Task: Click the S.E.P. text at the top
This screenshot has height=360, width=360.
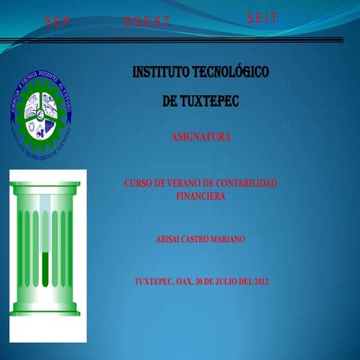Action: click(x=58, y=22)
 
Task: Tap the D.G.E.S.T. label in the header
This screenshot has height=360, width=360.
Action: click(x=147, y=22)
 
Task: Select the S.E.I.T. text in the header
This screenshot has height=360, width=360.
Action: click(x=262, y=18)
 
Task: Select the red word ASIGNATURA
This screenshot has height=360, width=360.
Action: click(x=200, y=137)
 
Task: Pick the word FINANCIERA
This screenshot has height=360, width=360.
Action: click(x=200, y=195)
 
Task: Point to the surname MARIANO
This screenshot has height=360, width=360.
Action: click(x=226, y=238)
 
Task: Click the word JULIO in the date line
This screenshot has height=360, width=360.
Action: click(x=220, y=282)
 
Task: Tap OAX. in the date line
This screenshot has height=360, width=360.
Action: click(x=184, y=282)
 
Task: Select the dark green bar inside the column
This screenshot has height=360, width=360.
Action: click(x=45, y=270)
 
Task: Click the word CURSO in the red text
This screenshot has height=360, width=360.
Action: click(x=137, y=183)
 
